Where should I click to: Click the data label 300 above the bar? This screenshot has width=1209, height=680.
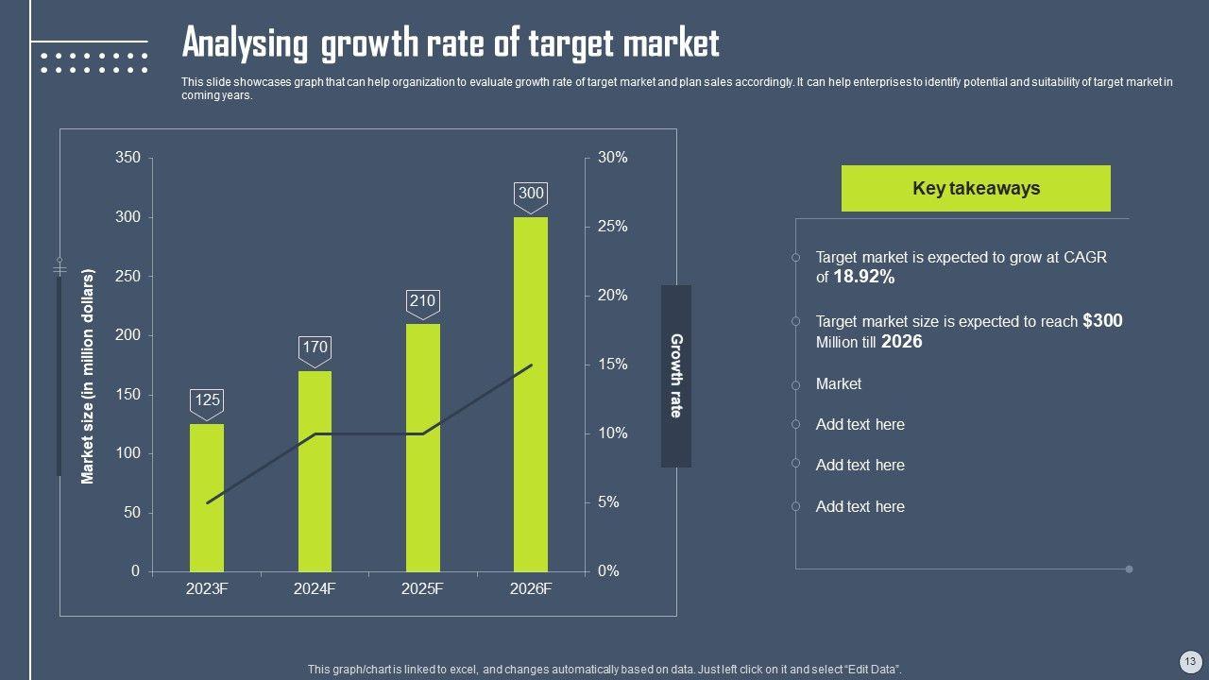(531, 194)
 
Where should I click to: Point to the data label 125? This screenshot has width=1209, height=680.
(207, 399)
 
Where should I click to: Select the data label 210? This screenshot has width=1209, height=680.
(422, 301)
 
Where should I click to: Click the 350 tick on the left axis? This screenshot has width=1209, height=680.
(128, 158)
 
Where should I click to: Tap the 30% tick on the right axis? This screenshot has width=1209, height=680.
(612, 158)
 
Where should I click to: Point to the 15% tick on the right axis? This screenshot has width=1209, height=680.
(612, 365)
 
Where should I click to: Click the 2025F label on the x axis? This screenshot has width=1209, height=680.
(422, 589)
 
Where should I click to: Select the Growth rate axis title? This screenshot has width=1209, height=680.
(676, 376)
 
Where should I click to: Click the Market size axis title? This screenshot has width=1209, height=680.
(88, 377)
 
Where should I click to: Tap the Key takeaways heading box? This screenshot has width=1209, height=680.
(976, 188)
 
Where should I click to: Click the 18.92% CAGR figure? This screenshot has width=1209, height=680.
(863, 277)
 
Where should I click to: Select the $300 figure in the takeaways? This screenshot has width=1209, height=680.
(1102, 321)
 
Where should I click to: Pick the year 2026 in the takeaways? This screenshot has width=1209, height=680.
(901, 342)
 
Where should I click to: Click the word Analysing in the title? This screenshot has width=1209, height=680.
(245, 43)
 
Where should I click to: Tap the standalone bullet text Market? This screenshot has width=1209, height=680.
(839, 383)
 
